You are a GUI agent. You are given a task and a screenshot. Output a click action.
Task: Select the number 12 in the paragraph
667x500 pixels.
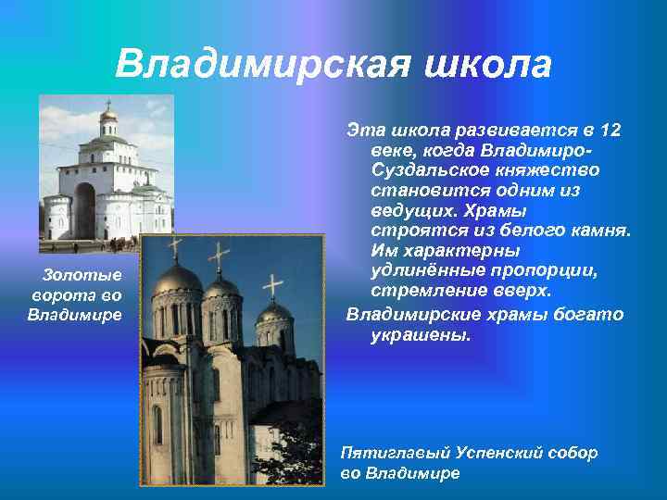(609, 129)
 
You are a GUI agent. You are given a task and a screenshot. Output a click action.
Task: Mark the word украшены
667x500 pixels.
(421, 333)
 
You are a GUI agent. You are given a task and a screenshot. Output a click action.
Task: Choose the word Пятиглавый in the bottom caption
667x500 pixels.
(393, 453)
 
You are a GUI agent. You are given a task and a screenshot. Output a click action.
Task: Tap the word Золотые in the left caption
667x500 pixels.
(82, 275)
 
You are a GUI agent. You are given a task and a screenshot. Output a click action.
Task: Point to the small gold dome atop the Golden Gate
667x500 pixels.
(108, 114)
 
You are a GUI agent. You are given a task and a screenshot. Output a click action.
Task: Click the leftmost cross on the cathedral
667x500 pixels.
(174, 247)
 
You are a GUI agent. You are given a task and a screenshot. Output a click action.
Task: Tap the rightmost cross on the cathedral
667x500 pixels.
(272, 285)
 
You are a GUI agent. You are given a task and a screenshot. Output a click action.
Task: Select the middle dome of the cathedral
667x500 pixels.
(220, 287)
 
